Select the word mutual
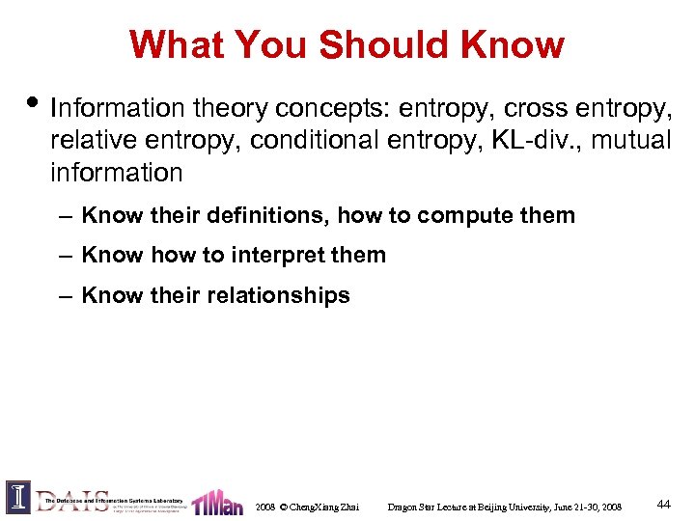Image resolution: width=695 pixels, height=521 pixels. click(x=630, y=140)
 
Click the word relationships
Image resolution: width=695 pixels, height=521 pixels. click(x=278, y=295)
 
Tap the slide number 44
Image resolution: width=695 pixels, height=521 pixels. click(x=663, y=505)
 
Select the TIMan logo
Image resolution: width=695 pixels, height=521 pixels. click(x=216, y=502)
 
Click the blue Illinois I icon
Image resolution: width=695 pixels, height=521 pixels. click(x=18, y=497)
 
